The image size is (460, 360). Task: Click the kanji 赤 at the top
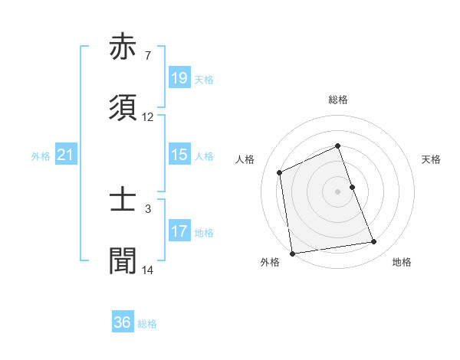(x=124, y=48)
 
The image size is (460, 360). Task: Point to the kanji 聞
(x=124, y=260)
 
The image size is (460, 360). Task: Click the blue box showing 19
(x=179, y=79)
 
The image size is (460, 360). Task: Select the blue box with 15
(x=179, y=155)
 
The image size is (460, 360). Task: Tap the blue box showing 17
(x=179, y=231)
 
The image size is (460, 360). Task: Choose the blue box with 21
(x=66, y=155)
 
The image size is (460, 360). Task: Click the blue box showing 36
(x=123, y=323)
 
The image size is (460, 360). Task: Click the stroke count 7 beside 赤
(x=147, y=56)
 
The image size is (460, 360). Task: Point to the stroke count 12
(x=148, y=117)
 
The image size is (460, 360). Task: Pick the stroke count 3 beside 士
(x=147, y=208)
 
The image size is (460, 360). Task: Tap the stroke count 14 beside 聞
(x=148, y=270)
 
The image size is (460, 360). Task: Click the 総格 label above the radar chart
(x=338, y=100)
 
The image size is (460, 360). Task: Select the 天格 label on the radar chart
(x=432, y=159)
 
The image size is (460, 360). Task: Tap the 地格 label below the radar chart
(x=402, y=263)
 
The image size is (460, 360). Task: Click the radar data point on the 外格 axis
(x=292, y=253)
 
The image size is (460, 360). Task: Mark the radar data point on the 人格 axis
(x=280, y=172)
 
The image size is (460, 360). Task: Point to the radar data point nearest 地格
(x=374, y=242)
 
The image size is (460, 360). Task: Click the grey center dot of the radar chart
(x=338, y=191)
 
